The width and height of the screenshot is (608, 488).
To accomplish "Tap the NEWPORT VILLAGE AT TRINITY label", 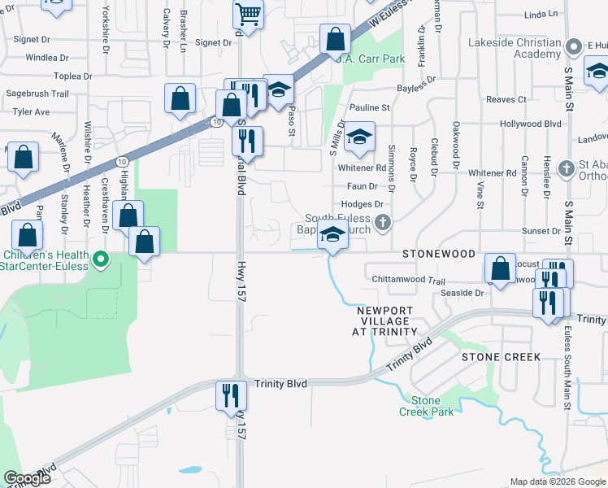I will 385,321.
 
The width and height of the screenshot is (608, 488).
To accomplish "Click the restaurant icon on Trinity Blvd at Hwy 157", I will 230,395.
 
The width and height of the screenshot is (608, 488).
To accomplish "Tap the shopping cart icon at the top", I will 248,13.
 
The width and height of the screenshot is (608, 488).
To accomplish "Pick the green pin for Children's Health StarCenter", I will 101,261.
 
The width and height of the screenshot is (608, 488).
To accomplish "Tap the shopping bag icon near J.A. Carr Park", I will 335,38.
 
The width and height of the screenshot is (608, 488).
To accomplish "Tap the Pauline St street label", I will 370,107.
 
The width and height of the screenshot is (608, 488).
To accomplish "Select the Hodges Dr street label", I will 363,204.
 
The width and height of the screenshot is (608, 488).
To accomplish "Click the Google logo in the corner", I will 28,478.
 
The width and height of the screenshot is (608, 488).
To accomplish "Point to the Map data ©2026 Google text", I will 558,481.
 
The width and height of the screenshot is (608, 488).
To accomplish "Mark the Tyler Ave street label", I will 32,111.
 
